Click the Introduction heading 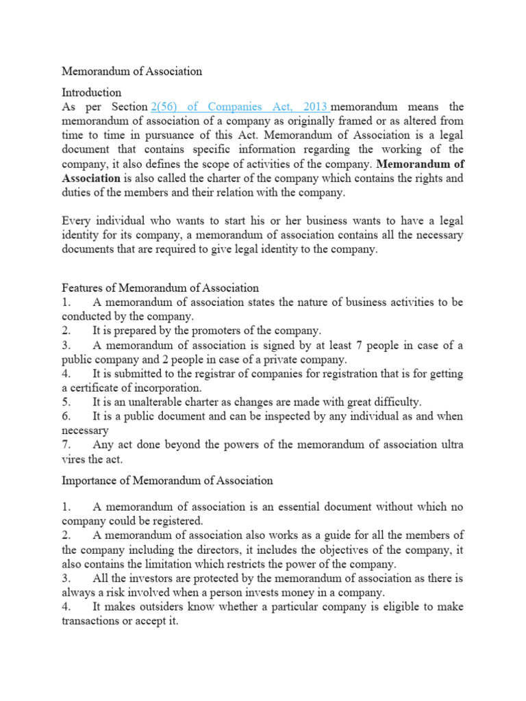[92, 92]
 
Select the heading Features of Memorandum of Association [160, 288]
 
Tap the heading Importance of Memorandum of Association [167, 481]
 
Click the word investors [142, 578]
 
